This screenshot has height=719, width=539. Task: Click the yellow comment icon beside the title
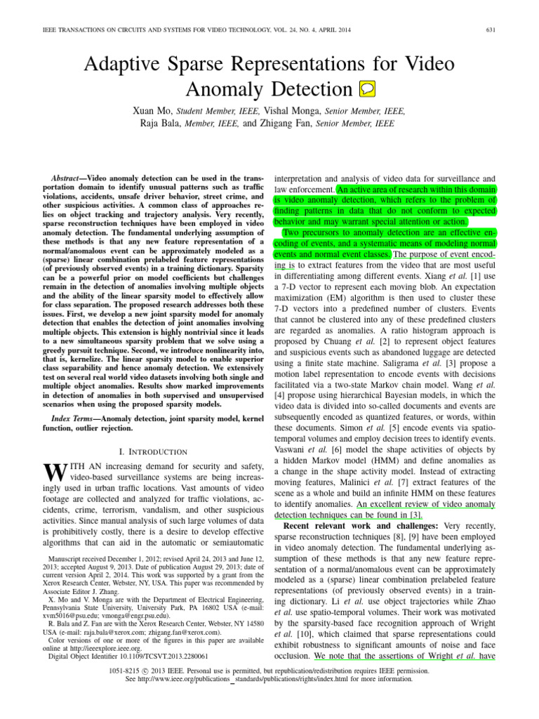[367, 89]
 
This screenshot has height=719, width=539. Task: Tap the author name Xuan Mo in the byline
[152, 110]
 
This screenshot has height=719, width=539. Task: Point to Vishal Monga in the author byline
[298, 110]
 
